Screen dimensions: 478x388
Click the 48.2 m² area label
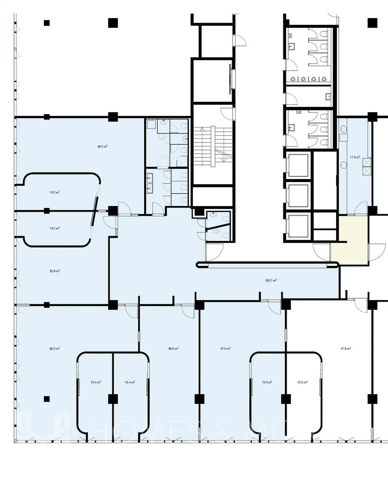click(102, 147)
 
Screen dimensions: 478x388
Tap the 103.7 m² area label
click(271, 281)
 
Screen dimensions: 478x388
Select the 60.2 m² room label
click(54, 349)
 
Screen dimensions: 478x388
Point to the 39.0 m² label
click(173, 349)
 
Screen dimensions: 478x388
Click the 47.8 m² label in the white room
click(345, 349)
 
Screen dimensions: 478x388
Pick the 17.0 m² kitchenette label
click(355, 157)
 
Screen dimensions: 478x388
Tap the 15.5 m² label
click(267, 382)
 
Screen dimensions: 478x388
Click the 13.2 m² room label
click(54, 228)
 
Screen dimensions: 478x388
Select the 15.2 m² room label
click(54, 192)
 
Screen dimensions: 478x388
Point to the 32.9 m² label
click(54, 271)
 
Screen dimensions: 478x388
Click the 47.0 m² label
click(225, 349)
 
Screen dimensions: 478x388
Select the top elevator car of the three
click(298, 165)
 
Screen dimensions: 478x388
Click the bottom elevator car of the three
click(298, 226)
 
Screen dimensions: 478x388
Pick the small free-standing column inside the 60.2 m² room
click(47, 399)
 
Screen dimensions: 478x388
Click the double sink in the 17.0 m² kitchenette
click(367, 167)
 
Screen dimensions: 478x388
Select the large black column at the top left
click(113, 23)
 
